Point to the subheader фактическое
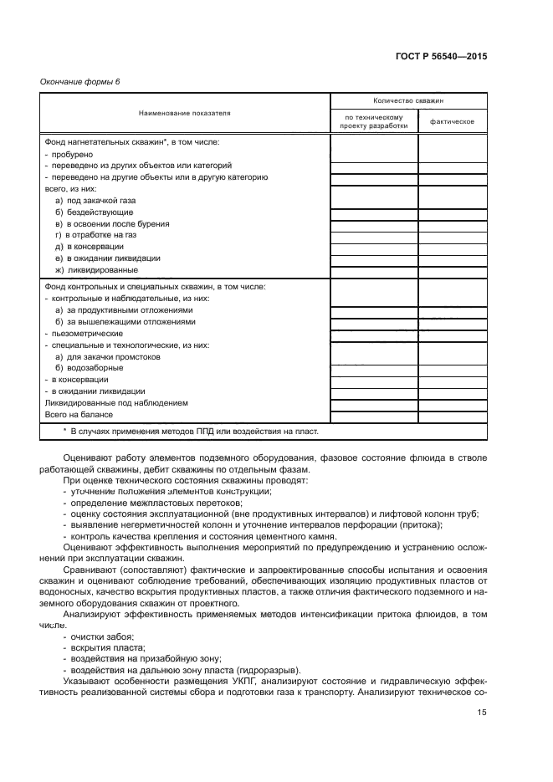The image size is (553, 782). tap(452, 122)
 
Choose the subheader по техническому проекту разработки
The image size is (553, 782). tap(374, 122)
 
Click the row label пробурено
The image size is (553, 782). tap(69, 154)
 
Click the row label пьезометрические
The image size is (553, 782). tap(81, 333)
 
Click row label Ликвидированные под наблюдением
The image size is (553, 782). tap(115, 402)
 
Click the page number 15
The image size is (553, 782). tap(482, 712)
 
